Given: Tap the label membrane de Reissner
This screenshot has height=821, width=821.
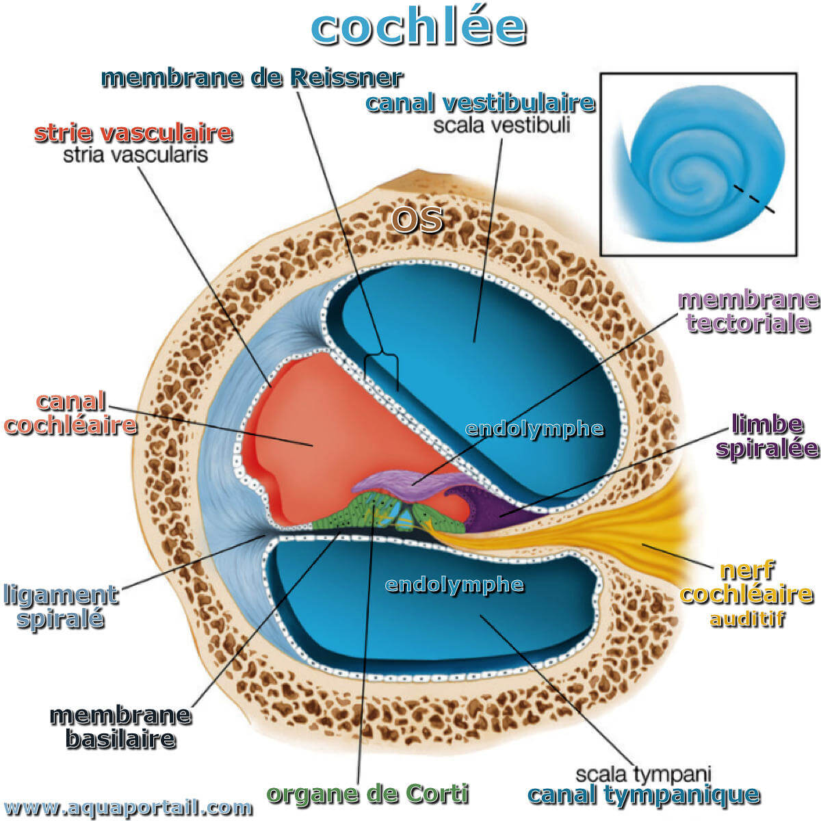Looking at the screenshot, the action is [x=252, y=77].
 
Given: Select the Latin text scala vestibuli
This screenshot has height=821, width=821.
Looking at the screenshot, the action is [x=501, y=125].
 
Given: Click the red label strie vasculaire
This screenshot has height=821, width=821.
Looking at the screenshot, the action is [x=133, y=133].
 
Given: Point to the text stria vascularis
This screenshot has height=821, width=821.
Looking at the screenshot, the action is [x=135, y=155].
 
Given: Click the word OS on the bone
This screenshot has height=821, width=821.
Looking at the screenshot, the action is [x=417, y=220].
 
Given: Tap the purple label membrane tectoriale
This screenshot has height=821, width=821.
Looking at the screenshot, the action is [x=748, y=311].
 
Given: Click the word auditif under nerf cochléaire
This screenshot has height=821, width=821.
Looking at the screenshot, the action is [x=747, y=619].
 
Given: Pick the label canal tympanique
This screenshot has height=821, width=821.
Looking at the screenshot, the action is [x=644, y=794].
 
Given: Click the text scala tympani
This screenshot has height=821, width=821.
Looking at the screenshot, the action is [x=643, y=774].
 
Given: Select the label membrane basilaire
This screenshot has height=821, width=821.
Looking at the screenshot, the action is [x=121, y=728].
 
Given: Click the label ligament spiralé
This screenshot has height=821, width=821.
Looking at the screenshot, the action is [x=60, y=606].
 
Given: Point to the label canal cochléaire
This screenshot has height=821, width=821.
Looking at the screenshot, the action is [x=70, y=413].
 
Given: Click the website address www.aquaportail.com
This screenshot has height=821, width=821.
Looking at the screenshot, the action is [x=128, y=807].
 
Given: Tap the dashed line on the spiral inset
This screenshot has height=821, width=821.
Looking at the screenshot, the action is [x=754, y=198].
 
